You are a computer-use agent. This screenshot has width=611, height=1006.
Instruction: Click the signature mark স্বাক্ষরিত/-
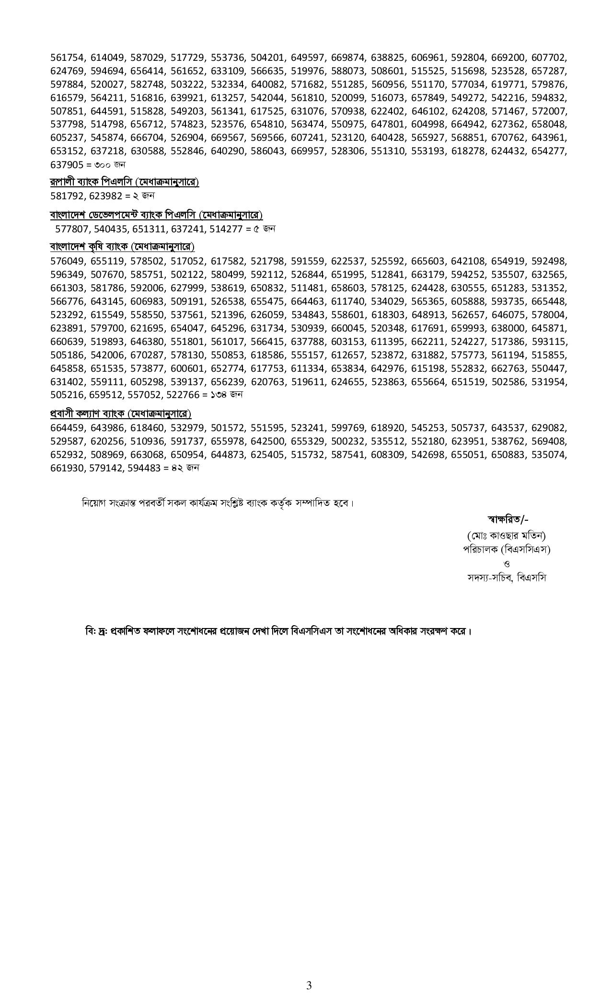click(x=507, y=519)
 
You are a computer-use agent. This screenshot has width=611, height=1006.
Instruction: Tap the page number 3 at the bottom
click(x=309, y=985)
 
